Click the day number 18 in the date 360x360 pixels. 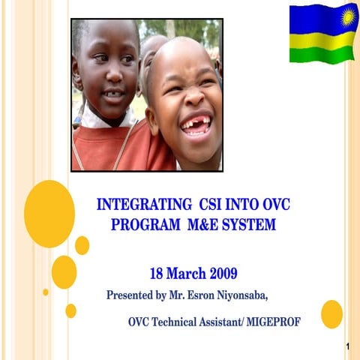point(160,272)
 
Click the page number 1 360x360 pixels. point(349,346)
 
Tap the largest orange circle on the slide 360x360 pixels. point(49,213)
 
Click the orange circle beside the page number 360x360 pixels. point(331,313)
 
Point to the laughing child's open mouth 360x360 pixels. point(196,125)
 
